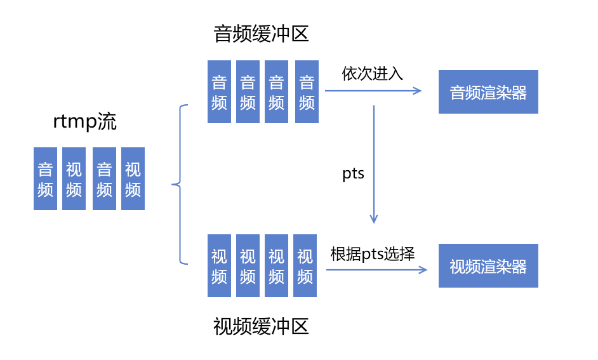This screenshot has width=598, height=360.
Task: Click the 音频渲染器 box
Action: (488, 92)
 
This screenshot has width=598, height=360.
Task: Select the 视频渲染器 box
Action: (488, 266)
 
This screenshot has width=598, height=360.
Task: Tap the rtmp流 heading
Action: (85, 123)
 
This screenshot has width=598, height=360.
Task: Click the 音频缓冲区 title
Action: (261, 34)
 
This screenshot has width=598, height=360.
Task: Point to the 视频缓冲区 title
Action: (261, 327)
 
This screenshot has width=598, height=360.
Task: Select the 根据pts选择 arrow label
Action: (373, 255)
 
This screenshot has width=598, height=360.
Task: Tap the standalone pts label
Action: (354, 174)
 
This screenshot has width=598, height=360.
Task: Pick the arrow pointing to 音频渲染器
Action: (373, 91)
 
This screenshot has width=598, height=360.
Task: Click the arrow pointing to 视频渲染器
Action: (376, 270)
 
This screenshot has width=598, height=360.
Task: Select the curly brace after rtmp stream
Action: (180, 185)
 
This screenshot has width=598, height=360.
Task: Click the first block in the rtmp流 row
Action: (45, 179)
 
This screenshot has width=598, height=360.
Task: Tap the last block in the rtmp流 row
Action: (133, 179)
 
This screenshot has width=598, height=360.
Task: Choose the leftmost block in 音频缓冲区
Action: (219, 91)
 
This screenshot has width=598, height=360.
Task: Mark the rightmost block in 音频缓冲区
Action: (307, 91)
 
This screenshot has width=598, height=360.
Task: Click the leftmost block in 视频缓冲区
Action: (219, 265)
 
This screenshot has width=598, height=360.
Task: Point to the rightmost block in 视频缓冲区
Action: (305, 265)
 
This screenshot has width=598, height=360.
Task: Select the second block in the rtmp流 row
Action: (74, 179)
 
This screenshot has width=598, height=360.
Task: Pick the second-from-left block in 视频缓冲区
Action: (248, 265)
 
